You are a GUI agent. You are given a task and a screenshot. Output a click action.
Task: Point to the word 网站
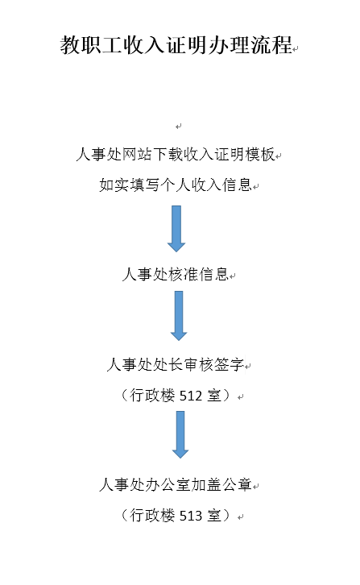coord(137,154)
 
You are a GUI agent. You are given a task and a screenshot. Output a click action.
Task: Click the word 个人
coord(176,185)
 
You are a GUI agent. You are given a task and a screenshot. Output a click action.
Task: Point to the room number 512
coord(191,396)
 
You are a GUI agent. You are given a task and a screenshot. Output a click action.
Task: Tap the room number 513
coord(191,516)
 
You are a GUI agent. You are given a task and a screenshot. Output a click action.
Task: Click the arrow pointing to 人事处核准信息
coord(176,228)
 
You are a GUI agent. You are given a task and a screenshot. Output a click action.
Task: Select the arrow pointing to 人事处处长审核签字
coord(179,316)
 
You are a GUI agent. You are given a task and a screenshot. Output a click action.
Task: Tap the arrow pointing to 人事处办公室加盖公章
coord(180,434)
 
